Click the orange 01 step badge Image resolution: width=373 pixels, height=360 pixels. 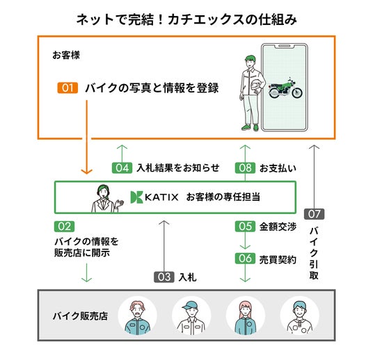tap(68, 88)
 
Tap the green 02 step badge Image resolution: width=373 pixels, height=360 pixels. tap(64, 227)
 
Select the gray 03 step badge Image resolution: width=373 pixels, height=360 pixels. tap(164, 277)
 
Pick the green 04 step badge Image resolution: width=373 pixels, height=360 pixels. tap(122, 167)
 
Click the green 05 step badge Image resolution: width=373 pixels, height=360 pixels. tap(245, 227)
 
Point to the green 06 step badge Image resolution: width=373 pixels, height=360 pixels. tap(245, 259)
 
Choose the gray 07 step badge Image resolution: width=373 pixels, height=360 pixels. tap(315, 214)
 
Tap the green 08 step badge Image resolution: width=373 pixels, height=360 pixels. tap(245, 167)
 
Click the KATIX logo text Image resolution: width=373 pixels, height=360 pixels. tap(161, 197)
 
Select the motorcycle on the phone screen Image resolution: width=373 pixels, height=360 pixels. tap(285, 88)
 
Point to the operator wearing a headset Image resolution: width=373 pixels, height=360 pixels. tap(107, 198)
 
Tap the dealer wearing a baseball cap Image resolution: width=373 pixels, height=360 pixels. tap(191, 317)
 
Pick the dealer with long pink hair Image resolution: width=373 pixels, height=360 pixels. tap(245, 317)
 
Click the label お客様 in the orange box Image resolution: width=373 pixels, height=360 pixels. tap(66, 55)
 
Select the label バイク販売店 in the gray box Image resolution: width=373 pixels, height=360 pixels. tap(80, 316)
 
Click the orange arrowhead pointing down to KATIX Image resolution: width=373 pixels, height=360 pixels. tap(86, 171)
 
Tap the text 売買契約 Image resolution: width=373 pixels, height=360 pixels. tap(278, 260)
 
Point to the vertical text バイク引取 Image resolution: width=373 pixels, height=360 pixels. tap(314, 253)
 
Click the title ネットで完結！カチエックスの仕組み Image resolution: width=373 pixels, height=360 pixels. tap(186, 19)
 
